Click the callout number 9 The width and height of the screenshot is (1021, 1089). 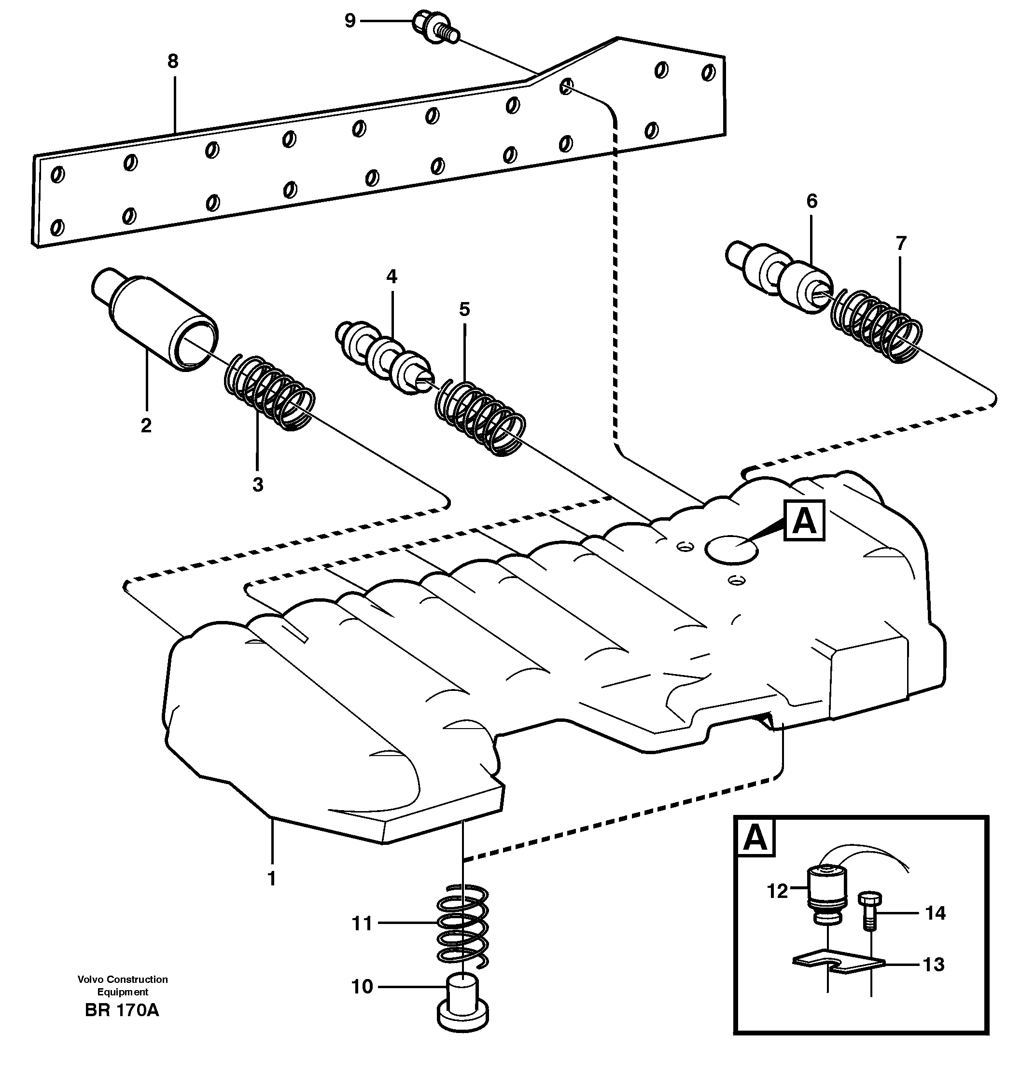pyautogui.click(x=350, y=21)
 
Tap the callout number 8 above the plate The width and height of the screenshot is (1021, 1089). pyautogui.click(x=173, y=61)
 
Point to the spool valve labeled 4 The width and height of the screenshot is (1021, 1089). pyautogui.click(x=384, y=359)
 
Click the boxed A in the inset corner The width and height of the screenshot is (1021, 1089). pyautogui.click(x=755, y=837)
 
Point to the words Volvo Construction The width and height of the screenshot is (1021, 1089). pyautogui.click(x=123, y=979)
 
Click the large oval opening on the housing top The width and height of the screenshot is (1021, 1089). pyautogui.click(x=732, y=549)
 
